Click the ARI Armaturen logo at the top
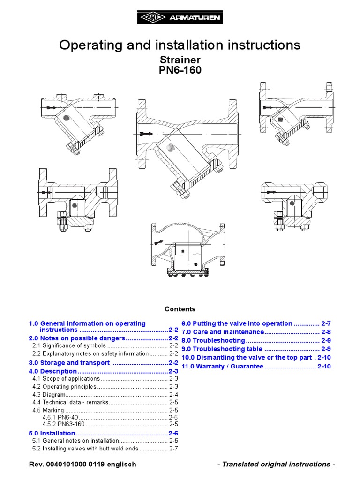click(180, 18)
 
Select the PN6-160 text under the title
click(180, 70)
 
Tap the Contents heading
click(180, 309)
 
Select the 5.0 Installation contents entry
click(52, 433)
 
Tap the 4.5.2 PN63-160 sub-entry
click(64, 425)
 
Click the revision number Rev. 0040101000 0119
click(82, 464)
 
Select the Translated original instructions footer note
click(276, 464)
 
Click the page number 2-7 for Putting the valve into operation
click(326, 323)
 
